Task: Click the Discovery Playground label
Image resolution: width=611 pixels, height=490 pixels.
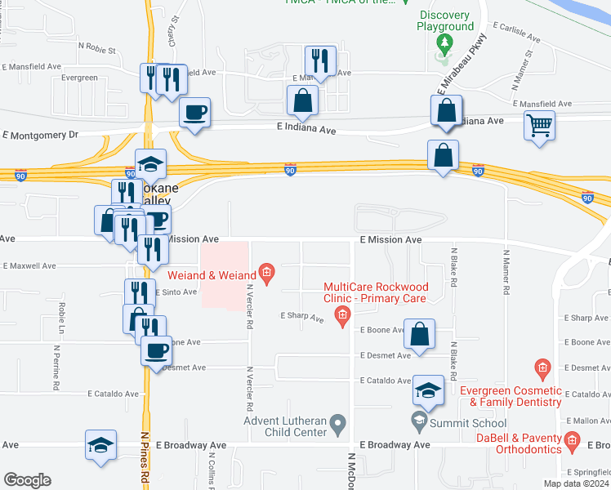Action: [445, 20]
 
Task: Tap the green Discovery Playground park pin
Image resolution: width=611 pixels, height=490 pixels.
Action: [444, 42]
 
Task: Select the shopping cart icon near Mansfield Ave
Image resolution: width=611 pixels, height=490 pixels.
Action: [538, 127]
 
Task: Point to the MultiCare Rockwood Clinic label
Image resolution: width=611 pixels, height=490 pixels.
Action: [375, 292]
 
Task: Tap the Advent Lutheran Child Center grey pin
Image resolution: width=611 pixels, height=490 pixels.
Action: [341, 422]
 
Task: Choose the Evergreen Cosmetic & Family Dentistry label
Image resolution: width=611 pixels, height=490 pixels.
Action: [511, 396]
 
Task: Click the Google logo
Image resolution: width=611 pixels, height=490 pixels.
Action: [28, 480]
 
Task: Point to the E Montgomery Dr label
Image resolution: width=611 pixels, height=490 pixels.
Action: [40, 135]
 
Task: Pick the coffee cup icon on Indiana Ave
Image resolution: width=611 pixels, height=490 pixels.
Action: [194, 111]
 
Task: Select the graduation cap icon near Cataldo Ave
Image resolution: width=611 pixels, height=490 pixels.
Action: [427, 390]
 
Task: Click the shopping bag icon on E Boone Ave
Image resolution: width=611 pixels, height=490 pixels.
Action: [419, 333]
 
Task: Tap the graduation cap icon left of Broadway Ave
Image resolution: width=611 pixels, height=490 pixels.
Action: [100, 445]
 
